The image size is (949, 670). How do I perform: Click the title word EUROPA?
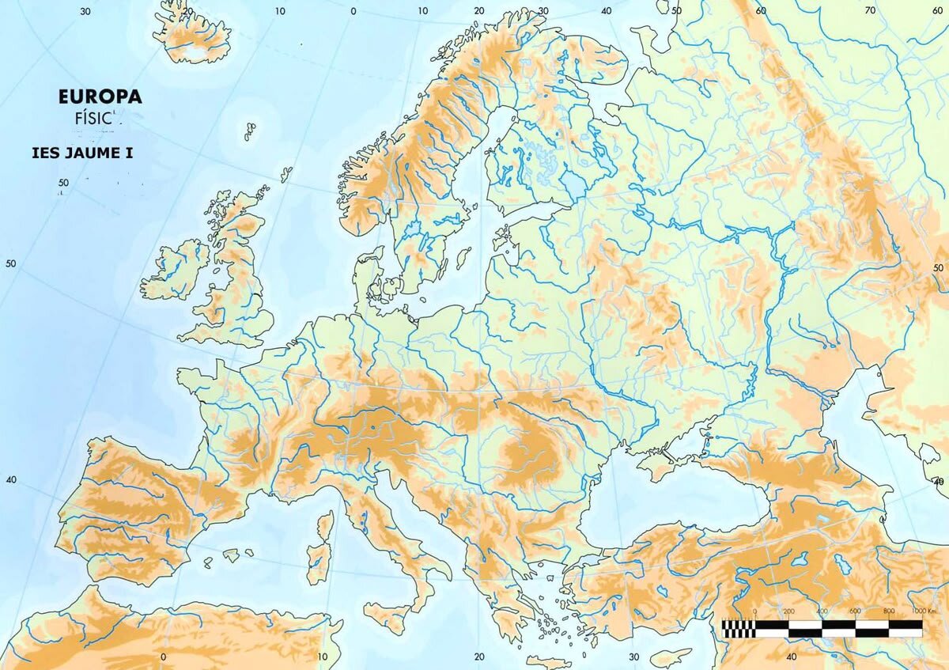click(x=100, y=97)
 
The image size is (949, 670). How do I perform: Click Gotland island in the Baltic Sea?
click(x=463, y=258)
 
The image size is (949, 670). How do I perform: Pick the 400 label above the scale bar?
click(x=822, y=611)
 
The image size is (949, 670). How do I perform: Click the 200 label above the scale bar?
click(x=788, y=611)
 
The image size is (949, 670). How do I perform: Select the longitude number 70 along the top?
click(x=870, y=10)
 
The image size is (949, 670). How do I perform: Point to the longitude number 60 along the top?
click(x=761, y=10)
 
